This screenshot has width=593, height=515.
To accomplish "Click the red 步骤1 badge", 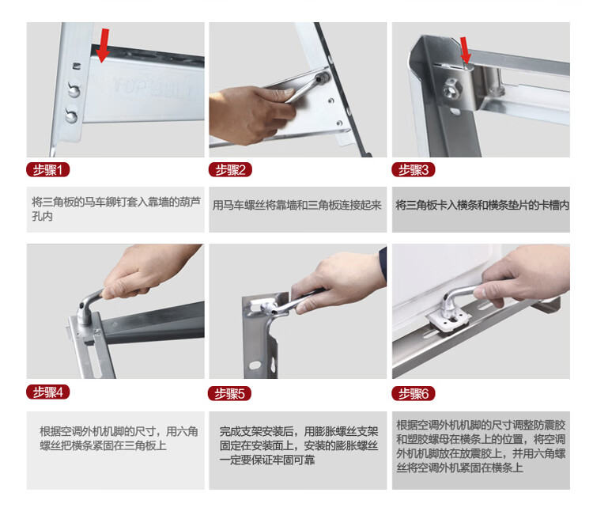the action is tap(47, 169).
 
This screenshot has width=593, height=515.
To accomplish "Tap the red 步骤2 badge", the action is tap(230, 169).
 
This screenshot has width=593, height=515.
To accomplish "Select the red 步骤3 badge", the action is tap(414, 169).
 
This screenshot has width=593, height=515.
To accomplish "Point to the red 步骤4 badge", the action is tap(47, 392).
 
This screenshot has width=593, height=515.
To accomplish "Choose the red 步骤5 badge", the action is tap(229, 393).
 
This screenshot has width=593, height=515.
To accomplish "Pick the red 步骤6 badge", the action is tap(414, 393).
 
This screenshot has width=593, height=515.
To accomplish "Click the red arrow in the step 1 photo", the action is tap(103, 45).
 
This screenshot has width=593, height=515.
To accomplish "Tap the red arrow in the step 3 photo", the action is tap(466, 51).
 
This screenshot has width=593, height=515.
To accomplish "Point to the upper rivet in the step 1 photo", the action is tap(74, 89).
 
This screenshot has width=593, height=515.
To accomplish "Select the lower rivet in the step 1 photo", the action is tap(71, 115).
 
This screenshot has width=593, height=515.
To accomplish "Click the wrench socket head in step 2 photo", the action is tap(323, 78).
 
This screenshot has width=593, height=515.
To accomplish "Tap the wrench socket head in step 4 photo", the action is tap(85, 313).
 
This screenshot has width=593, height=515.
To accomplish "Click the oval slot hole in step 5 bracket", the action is tap(255, 365).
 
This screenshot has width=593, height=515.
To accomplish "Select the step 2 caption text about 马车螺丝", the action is tap(296, 206).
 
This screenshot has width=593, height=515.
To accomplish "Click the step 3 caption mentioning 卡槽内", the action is tap(482, 206).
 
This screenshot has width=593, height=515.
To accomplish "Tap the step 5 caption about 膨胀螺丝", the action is tap(299, 445).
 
